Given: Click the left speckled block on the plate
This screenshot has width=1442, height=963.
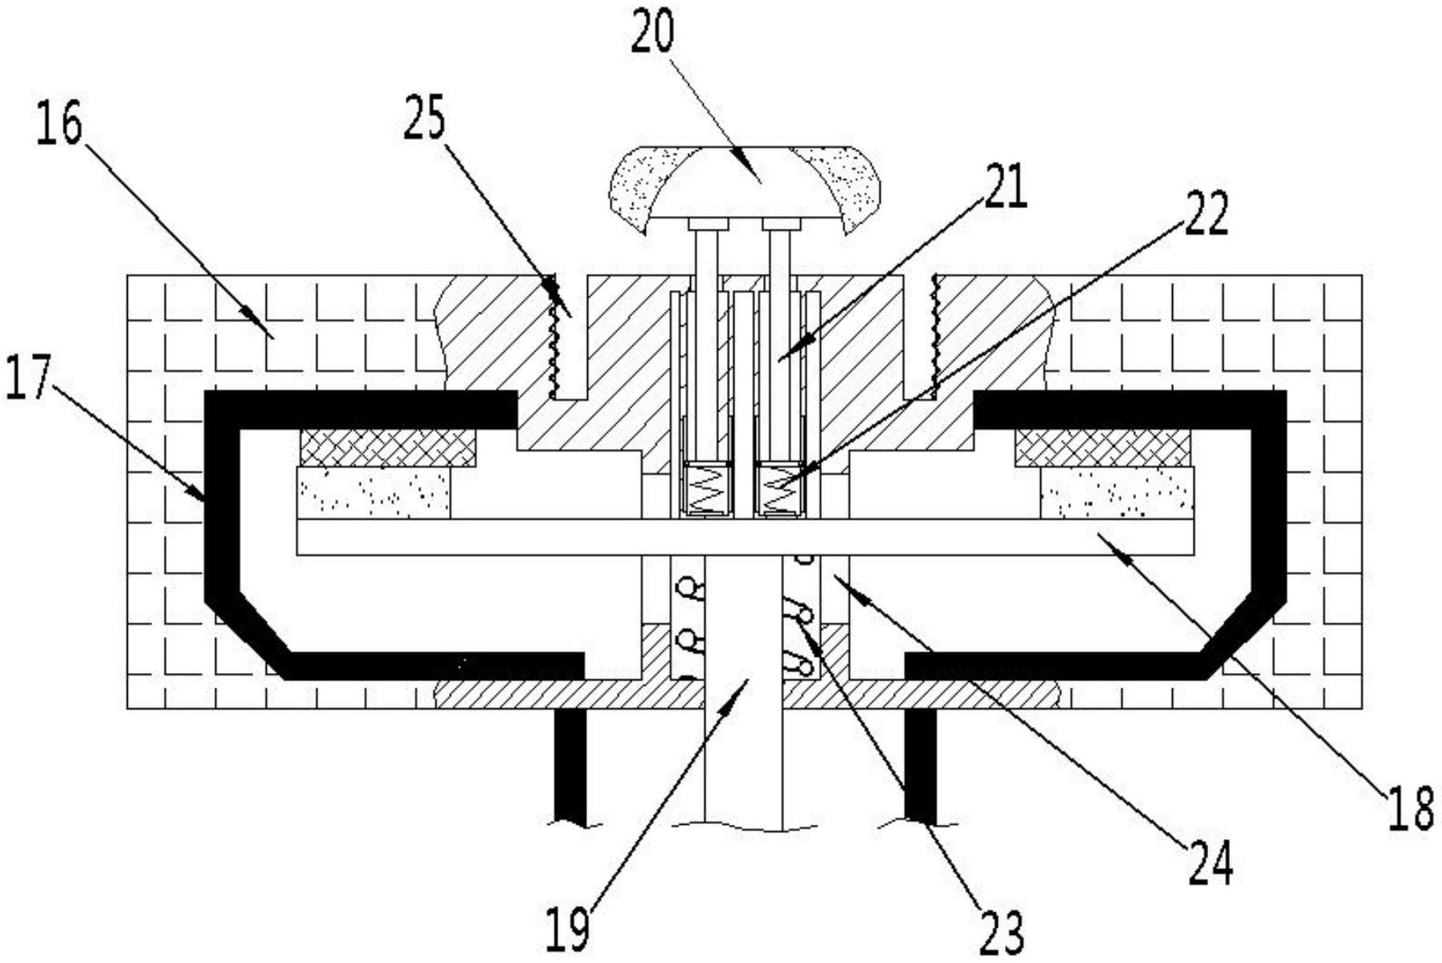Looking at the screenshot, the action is click(x=374, y=493).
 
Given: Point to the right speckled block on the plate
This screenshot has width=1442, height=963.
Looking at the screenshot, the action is click(x=1117, y=492).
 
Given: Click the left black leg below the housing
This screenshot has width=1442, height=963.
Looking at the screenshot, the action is click(x=571, y=766).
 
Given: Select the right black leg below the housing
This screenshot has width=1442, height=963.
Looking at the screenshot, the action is click(x=921, y=766).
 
